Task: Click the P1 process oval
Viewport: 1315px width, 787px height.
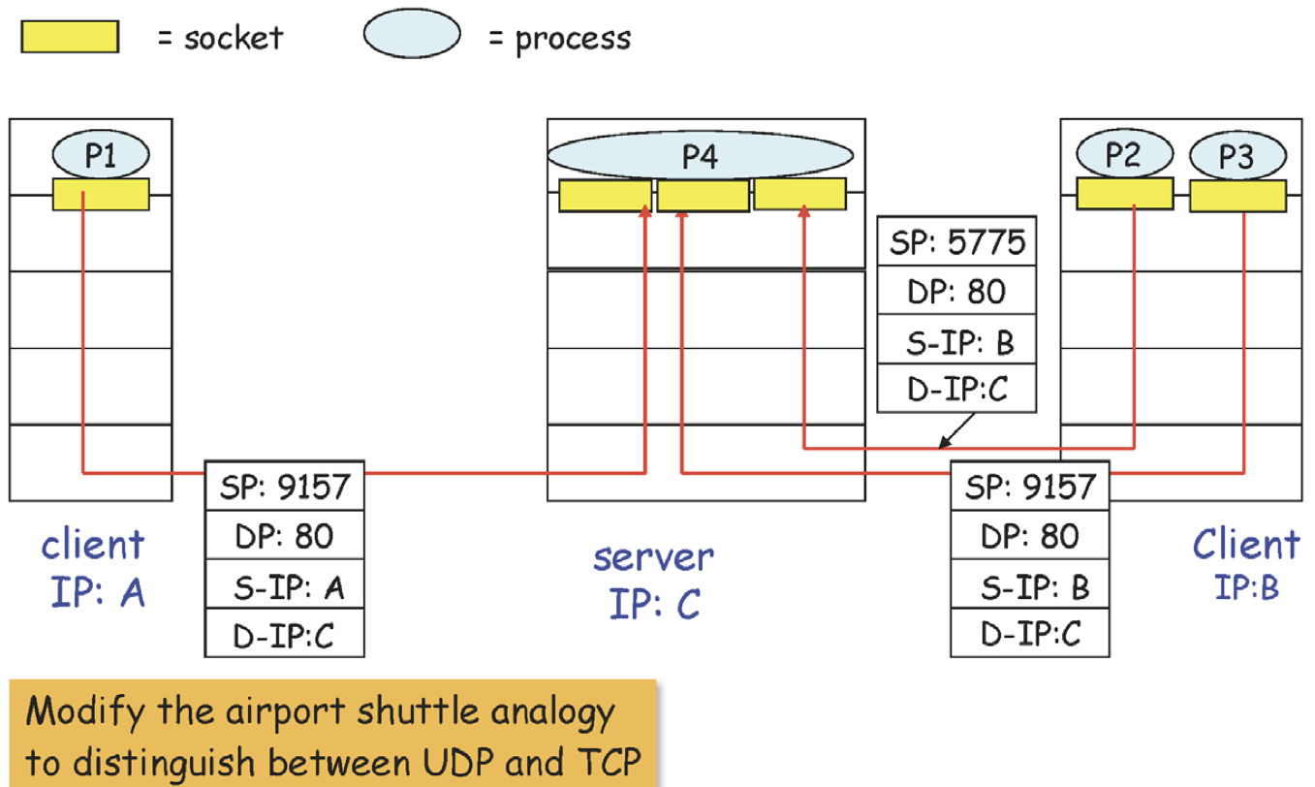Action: [100, 155]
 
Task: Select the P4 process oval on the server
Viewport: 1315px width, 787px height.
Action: [700, 157]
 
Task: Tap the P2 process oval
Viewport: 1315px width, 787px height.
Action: [1124, 155]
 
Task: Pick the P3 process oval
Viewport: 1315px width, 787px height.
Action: [1237, 157]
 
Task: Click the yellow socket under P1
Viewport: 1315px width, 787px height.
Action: [101, 194]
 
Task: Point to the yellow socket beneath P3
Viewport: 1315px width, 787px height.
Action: [1237, 196]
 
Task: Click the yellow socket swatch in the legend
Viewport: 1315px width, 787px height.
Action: [69, 37]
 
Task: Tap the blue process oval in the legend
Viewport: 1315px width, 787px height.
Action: [411, 36]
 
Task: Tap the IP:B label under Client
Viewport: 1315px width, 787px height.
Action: [1247, 587]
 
